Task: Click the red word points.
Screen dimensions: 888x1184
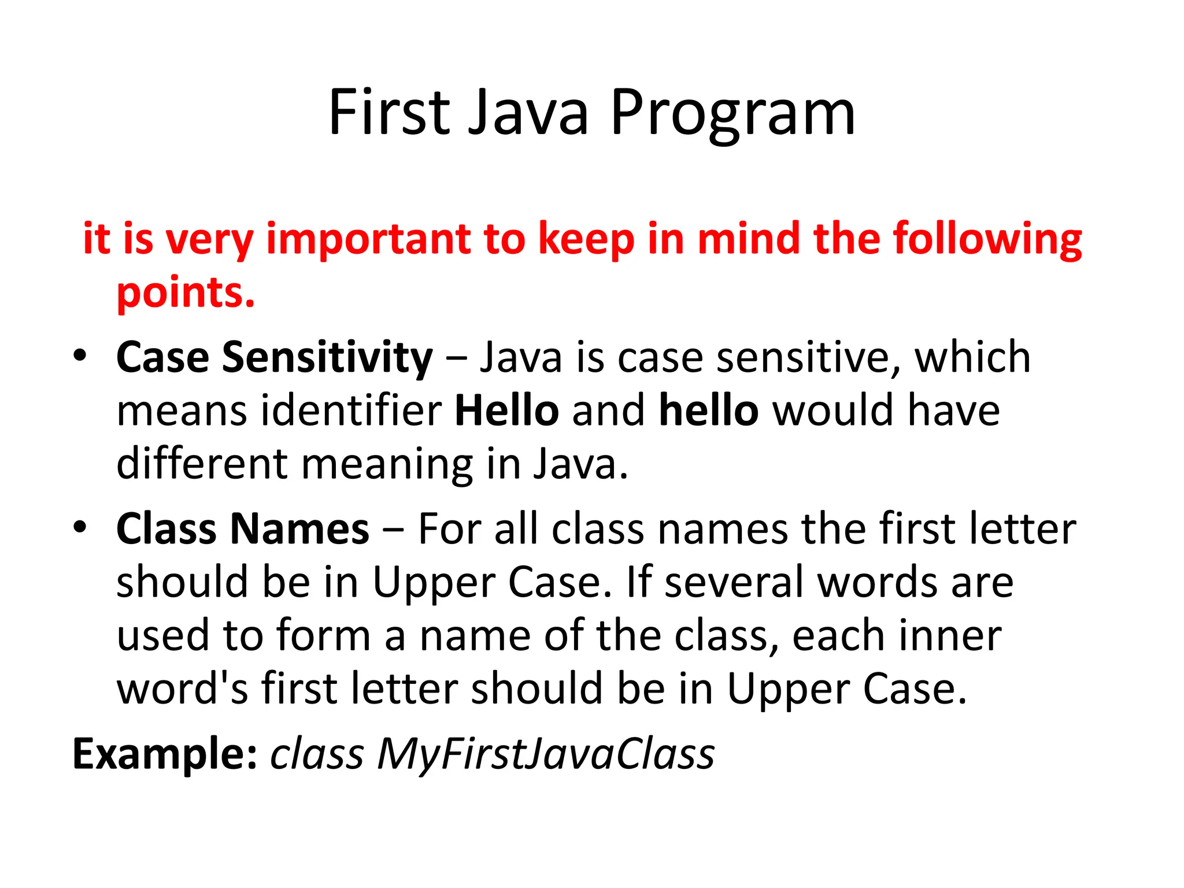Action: click(x=186, y=293)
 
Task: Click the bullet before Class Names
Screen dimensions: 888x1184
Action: click(x=80, y=526)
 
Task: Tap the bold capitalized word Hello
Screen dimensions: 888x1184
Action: click(x=506, y=410)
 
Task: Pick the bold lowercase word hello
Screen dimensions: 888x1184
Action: click(x=708, y=410)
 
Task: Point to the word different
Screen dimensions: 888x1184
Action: click(x=202, y=464)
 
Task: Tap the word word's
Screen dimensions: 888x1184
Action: click(x=182, y=689)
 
